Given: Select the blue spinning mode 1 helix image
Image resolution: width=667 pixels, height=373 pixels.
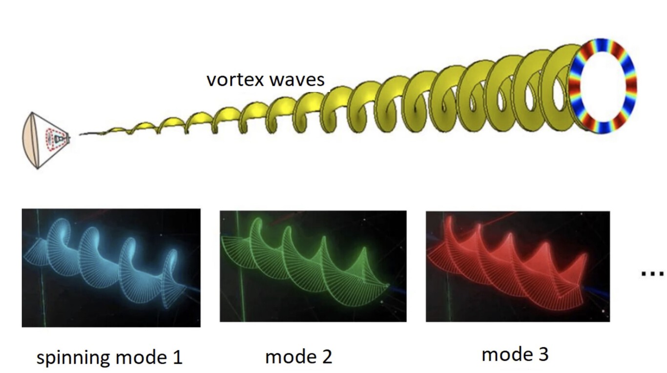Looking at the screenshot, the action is (111, 268).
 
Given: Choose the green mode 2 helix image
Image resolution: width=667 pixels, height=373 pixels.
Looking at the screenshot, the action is (313, 266).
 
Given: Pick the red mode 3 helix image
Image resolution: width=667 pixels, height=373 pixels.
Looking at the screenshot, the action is (518, 267).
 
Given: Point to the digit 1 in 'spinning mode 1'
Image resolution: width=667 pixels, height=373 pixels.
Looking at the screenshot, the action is (178, 356).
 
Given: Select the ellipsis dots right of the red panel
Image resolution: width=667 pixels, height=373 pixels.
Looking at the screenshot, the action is (652, 274).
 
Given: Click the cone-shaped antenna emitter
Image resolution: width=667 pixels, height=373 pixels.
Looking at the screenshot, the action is (46, 140).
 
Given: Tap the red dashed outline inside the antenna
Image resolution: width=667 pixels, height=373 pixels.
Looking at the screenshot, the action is (55, 139).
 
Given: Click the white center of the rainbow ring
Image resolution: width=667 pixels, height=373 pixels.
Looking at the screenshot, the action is (602, 86).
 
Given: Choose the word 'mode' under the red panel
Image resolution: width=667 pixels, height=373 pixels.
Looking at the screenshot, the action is (505, 354).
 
